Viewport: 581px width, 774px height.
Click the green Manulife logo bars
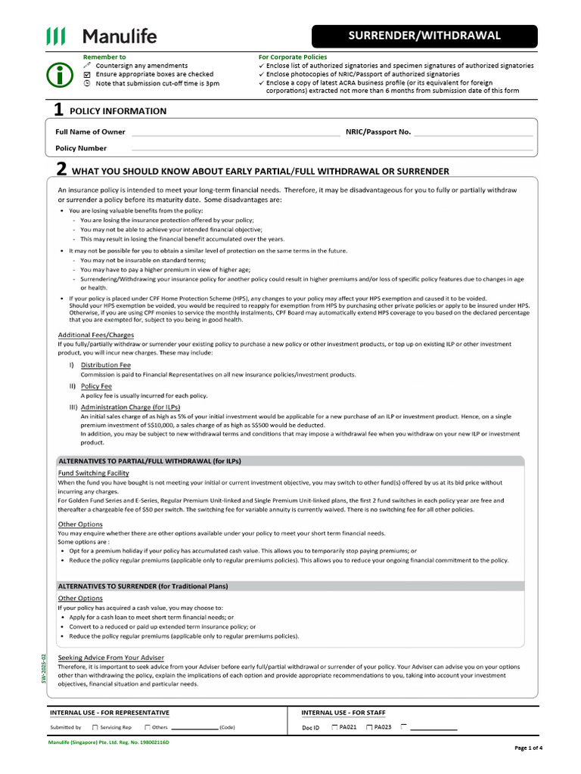(57, 36)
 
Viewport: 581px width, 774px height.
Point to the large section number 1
(57, 110)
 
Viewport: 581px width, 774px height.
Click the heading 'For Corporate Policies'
(291, 57)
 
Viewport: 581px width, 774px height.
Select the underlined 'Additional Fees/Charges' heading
(96, 335)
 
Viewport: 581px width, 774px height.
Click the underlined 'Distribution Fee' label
(105, 365)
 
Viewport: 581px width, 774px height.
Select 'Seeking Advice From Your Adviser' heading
(110, 658)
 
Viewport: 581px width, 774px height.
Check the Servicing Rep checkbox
(95, 727)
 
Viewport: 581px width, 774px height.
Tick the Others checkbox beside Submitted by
(147, 727)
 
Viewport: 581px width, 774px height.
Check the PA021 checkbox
(334, 727)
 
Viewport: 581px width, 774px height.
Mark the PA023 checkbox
(368, 727)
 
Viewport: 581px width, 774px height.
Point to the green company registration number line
(109, 743)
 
